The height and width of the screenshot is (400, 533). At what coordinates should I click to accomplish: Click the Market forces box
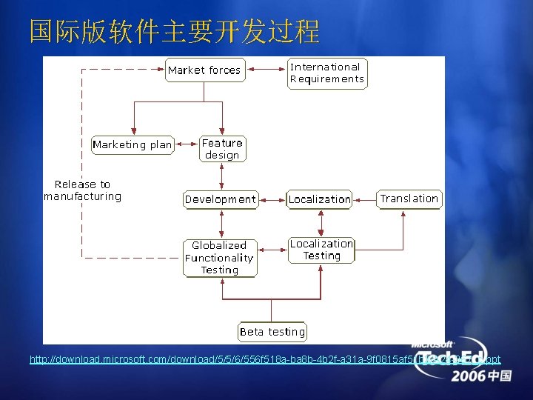pos(204,70)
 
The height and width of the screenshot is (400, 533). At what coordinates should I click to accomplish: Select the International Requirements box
pos(326,73)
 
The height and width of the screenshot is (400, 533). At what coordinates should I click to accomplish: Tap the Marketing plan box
pos(133,144)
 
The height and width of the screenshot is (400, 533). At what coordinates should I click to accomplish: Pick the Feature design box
pos(222,149)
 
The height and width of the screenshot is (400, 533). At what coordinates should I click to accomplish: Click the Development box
pos(221,199)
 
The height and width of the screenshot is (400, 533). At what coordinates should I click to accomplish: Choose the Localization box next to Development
pos(319,199)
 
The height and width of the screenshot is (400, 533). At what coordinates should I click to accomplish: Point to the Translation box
pos(409,199)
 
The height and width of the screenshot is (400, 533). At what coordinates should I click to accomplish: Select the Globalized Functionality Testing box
pos(220,258)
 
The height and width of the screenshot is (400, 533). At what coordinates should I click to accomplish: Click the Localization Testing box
pos(321,250)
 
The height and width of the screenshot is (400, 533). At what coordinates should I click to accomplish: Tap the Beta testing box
pos(272,332)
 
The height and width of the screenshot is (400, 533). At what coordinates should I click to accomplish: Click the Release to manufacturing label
pos(82,190)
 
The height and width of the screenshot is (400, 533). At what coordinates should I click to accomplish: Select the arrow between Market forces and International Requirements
pos(266,70)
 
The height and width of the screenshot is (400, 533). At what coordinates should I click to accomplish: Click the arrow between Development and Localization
pos(272,199)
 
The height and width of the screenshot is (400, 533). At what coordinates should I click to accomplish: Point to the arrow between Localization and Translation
pos(365,199)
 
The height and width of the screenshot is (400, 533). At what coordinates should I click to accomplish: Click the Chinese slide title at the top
pos(175,32)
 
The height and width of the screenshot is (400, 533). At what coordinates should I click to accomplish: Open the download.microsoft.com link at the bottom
pos(222,360)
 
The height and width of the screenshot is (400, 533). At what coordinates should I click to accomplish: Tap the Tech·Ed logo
pos(452,359)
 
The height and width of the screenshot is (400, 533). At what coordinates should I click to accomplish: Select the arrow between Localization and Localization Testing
pos(321,221)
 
